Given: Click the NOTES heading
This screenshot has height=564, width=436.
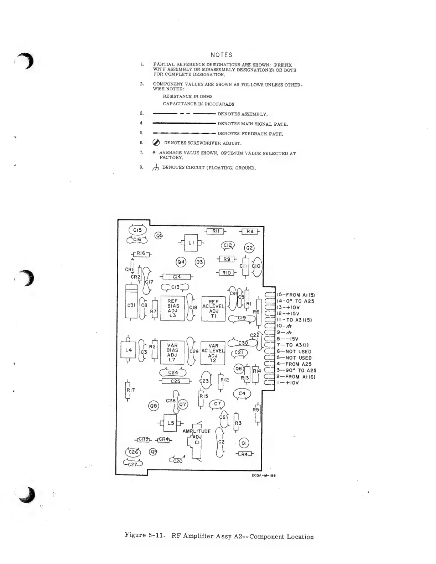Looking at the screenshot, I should (221, 55).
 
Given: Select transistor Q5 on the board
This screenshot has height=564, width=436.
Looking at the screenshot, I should (159, 235).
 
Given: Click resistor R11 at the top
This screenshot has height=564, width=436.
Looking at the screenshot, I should (216, 231).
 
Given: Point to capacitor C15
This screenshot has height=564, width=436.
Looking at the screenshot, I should (137, 230).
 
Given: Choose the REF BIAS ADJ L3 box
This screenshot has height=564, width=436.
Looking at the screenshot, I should (173, 308).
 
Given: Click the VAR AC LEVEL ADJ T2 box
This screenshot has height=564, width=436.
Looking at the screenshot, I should (213, 353).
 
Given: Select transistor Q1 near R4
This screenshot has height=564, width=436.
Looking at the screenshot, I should (244, 443).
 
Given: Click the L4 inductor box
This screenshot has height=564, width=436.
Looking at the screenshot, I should (129, 350).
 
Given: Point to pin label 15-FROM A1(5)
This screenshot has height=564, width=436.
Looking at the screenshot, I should (296, 295).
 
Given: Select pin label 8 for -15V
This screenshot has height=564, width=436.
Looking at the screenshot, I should (288, 339).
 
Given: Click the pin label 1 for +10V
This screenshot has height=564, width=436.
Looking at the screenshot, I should (288, 383).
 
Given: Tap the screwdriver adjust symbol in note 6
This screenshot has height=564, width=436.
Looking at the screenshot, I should (156, 143).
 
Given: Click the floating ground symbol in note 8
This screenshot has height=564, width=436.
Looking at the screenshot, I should (156, 167).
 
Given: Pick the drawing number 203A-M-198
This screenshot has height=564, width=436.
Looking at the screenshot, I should (264, 475).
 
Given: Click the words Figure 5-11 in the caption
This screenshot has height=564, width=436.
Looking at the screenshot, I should (144, 535).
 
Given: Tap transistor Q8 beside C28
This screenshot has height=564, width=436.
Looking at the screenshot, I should (153, 406).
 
